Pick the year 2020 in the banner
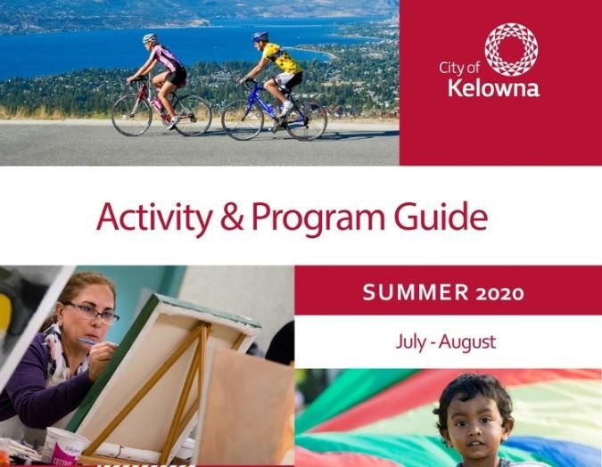click(x=500, y=292)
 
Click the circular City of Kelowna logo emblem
click(x=510, y=50)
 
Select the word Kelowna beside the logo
click(x=493, y=87)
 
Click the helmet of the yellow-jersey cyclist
click(x=260, y=37)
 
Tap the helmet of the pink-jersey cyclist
click(x=150, y=38)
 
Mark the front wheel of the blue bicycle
click(x=243, y=119)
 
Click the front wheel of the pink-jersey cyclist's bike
click(x=131, y=115)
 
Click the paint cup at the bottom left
click(x=62, y=447)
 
